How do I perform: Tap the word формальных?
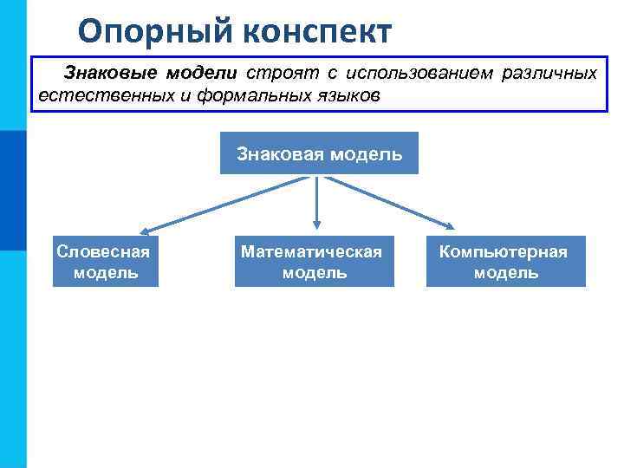[245, 94]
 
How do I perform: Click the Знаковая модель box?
[319, 153]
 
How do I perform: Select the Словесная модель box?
[105, 262]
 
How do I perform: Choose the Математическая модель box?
[314, 262]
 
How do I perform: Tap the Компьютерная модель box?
[505, 262]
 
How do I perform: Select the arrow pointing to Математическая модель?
[317, 204]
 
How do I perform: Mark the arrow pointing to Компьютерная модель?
[390, 204]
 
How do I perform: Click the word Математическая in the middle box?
[311, 252]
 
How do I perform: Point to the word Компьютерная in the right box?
[504, 252]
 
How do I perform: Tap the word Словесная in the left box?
[103, 252]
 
